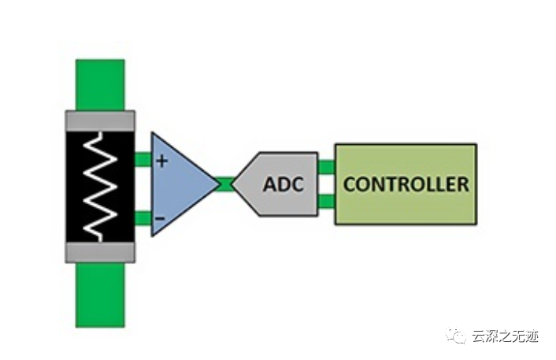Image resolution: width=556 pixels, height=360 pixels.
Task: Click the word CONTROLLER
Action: tap(406, 185)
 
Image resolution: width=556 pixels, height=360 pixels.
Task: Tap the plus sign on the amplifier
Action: tap(162, 161)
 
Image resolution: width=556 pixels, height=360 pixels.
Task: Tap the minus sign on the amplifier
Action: tap(161, 217)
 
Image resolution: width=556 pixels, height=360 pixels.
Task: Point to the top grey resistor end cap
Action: tap(100, 121)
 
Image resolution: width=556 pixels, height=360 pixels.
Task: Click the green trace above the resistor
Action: tap(100, 84)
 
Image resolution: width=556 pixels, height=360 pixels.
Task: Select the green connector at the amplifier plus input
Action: tap(143, 160)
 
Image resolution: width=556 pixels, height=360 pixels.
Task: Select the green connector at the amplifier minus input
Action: tap(143, 217)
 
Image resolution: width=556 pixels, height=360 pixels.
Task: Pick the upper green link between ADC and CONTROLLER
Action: tap(326, 166)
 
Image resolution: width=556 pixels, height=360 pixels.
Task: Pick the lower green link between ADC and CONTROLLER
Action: tap(326, 202)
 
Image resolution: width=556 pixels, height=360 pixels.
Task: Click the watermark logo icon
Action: tap(457, 336)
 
